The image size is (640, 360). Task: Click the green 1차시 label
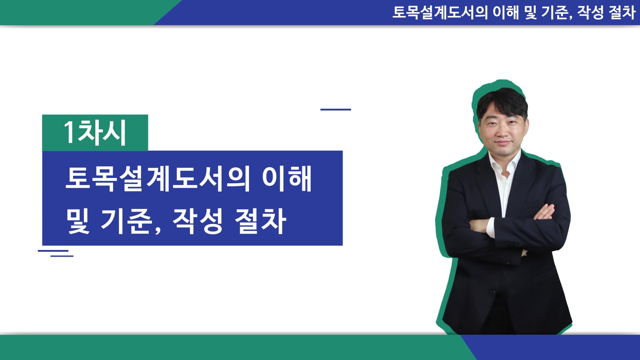click(95, 133)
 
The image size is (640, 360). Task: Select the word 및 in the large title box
click(78, 221)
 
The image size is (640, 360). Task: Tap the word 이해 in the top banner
click(506, 13)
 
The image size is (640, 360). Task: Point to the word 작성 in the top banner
click(591, 13)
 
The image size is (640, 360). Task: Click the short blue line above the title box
click(336, 109)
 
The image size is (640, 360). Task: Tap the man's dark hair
click(502, 102)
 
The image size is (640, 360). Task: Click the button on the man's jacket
click(493, 290)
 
